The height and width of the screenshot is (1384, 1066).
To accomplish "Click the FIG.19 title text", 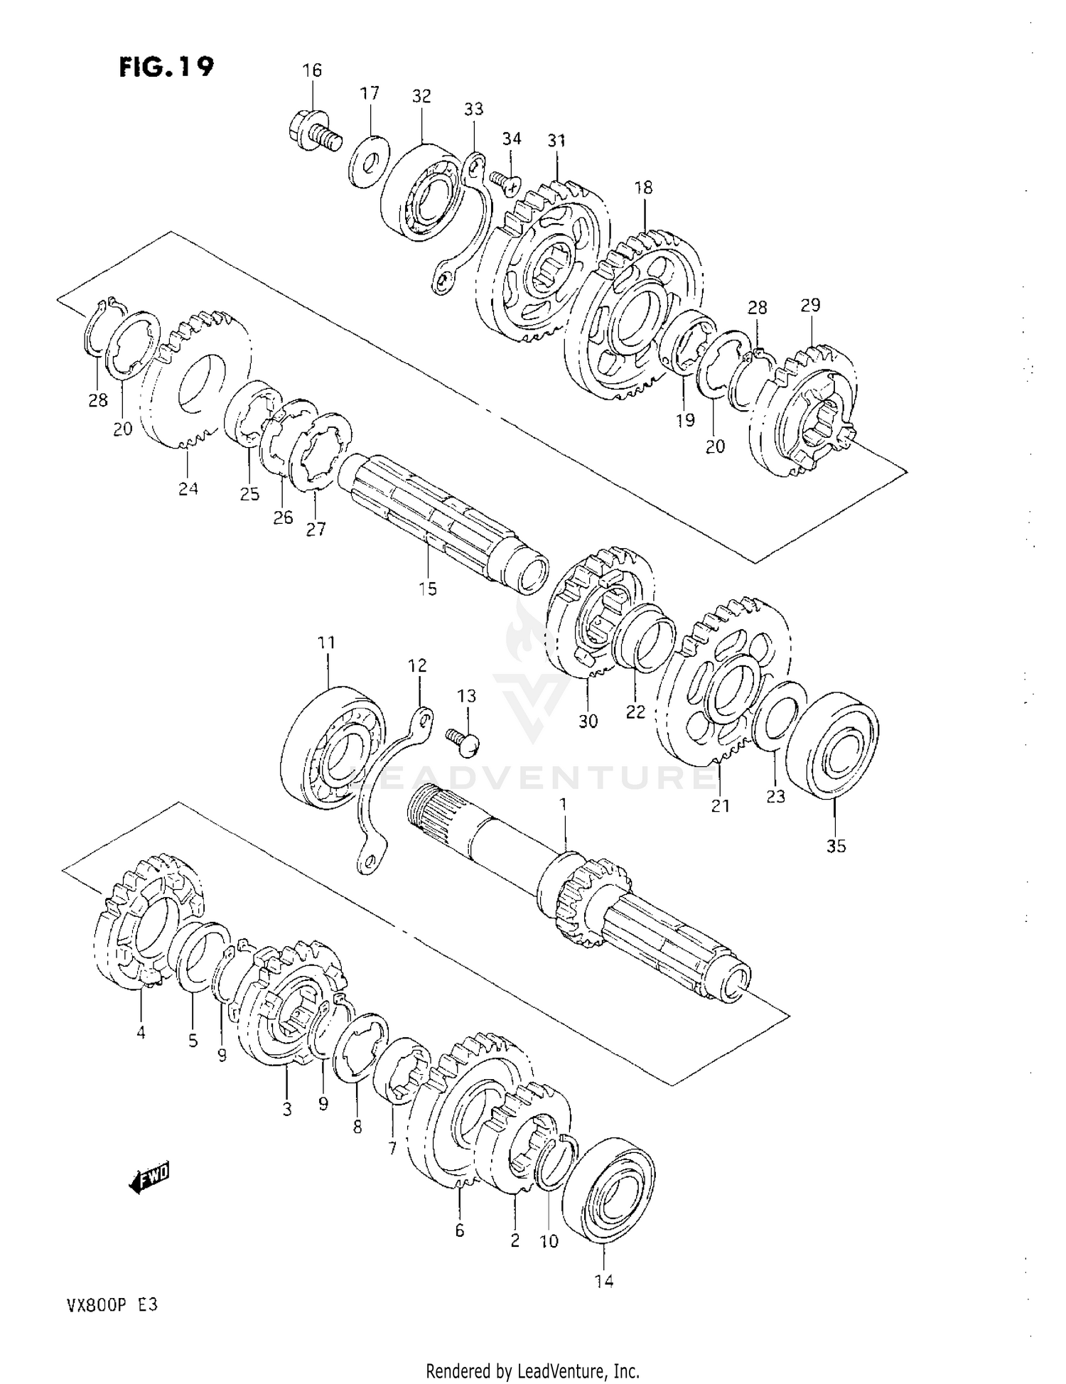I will point(166,67).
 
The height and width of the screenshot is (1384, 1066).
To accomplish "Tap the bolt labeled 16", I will point(313,132).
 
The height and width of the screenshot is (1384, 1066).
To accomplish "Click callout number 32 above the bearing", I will point(421,96).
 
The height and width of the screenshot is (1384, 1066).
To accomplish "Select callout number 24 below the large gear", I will point(188,488).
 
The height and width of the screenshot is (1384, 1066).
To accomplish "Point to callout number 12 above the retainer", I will point(417,665).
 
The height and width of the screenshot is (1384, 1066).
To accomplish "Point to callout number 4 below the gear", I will point(141,1032).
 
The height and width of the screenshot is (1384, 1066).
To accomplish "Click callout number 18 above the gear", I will point(643,188).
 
